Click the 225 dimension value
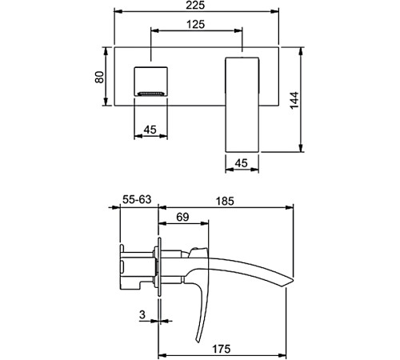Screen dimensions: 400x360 tap(195, 5)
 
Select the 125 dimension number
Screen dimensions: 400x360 tap(196, 24)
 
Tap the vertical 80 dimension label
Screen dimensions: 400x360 tap(99, 77)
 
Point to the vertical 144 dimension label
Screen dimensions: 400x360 tap(294, 100)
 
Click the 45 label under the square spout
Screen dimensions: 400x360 tap(150, 130)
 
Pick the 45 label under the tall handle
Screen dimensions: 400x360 tap(242, 163)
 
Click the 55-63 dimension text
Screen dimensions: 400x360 tap(137, 199)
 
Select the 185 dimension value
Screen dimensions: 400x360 tap(225, 202)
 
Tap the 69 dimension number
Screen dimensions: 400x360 tap(182, 218)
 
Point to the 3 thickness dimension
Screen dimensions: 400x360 tap(142, 314)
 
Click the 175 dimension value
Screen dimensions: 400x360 tap(222, 349)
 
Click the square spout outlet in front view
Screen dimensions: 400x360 tap(150, 82)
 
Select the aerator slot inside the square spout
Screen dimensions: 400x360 tap(150, 94)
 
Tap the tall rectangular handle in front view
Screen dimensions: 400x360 tap(242, 105)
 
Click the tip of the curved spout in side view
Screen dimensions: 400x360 tap(293, 280)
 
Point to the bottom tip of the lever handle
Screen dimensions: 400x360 tap(198, 342)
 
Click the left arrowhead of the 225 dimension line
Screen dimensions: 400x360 tap(118, 11)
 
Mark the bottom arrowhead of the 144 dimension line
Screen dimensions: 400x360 tap(301, 148)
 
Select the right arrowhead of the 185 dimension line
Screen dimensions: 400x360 tap(290, 208)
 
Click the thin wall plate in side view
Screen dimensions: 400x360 tap(159, 266)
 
